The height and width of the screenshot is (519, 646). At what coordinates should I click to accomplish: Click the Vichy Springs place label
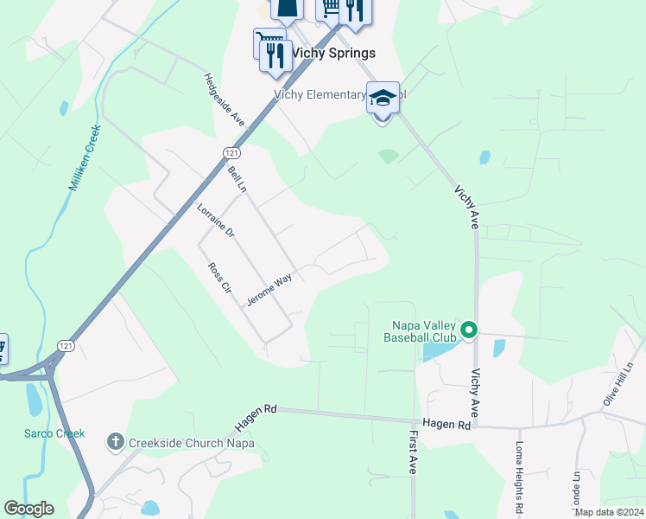coord(333,53)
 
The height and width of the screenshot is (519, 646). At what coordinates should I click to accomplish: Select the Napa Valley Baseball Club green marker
coord(468,330)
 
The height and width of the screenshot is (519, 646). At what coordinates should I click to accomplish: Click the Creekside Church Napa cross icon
coord(115,443)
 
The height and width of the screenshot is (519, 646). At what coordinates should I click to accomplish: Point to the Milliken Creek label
coord(84,159)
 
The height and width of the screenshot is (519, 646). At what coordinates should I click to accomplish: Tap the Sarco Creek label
coord(54,432)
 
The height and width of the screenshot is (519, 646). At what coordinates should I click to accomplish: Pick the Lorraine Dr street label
coord(216,221)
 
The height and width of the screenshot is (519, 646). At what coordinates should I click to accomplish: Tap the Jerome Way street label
coord(269,290)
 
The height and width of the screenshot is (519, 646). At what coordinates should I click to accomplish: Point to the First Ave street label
coord(414,452)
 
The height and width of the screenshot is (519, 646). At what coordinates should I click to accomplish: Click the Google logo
coord(28,509)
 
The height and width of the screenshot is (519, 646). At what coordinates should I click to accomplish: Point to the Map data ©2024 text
coord(609,512)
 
